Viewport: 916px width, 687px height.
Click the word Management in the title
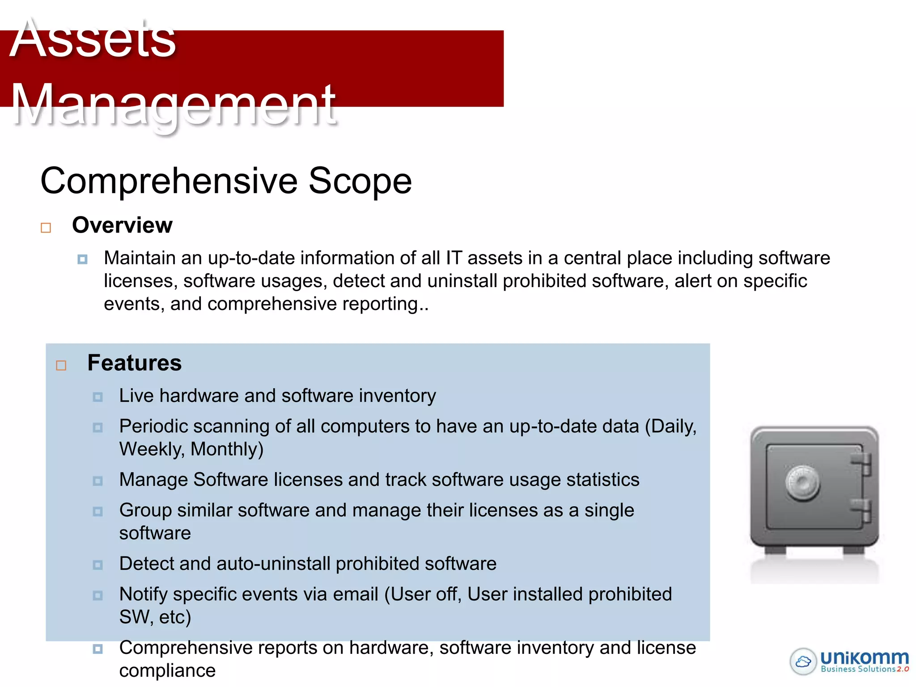tap(174, 105)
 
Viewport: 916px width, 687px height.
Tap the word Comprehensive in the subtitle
tap(169, 181)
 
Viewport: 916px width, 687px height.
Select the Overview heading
tap(122, 225)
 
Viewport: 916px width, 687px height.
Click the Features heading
tap(134, 363)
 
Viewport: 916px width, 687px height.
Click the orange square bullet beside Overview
tap(46, 228)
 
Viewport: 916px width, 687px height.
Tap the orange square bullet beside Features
tap(61, 366)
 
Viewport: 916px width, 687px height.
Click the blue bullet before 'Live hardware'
tap(98, 397)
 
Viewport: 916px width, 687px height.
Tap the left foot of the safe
tap(775, 550)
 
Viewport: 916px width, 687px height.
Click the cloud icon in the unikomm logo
tap(803, 661)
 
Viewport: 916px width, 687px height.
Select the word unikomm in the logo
tap(864, 657)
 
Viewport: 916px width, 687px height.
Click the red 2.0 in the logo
tap(903, 669)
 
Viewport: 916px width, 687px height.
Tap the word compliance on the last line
tap(167, 670)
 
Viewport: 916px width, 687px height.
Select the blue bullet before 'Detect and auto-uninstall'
tap(98, 565)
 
